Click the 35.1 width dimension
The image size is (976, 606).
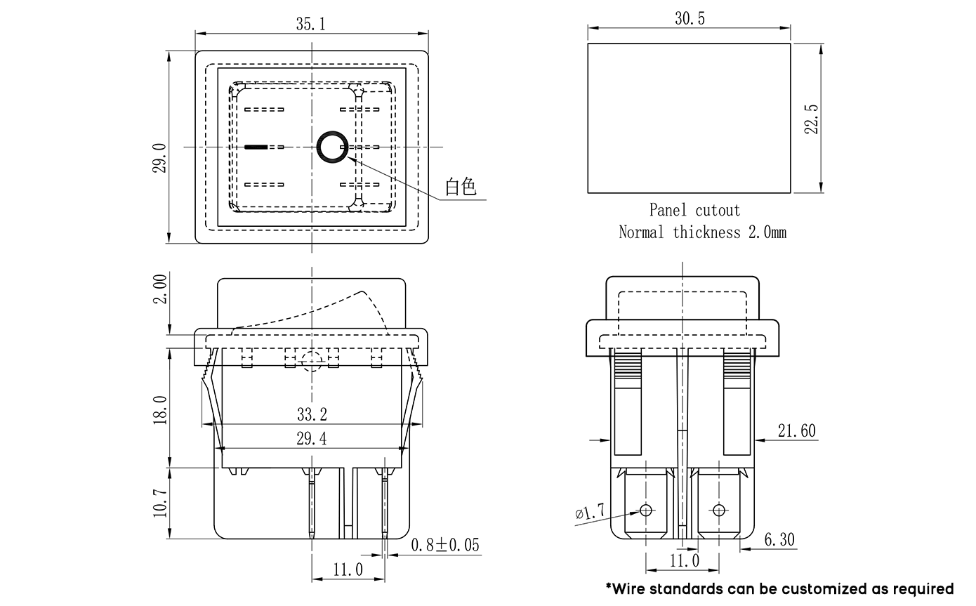click(x=310, y=25)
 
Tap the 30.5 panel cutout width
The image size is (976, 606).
click(x=690, y=19)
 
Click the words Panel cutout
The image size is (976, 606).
click(x=694, y=210)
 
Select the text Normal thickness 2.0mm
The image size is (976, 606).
click(x=702, y=232)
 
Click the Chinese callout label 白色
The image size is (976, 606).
click(x=461, y=187)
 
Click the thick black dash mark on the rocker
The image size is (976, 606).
click(x=256, y=147)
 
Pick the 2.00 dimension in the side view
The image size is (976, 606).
click(x=160, y=289)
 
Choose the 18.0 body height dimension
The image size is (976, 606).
click(x=160, y=409)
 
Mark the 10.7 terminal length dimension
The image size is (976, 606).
click(x=160, y=503)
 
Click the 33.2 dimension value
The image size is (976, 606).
click(x=312, y=414)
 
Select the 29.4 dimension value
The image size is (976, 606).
click(x=312, y=439)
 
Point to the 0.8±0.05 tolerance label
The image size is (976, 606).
click(x=445, y=545)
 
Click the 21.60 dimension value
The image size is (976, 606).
click(x=797, y=430)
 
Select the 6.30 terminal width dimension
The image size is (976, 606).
click(x=779, y=539)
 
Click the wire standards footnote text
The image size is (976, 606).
click(x=779, y=588)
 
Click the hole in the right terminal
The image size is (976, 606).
click(x=718, y=509)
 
